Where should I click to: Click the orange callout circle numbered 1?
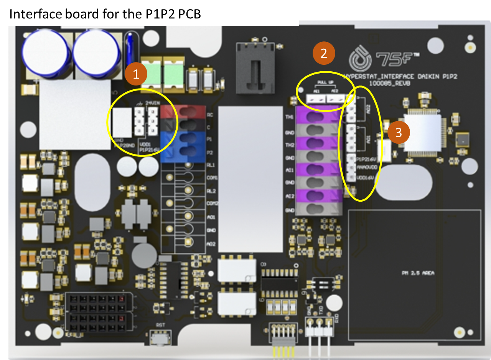(135, 75)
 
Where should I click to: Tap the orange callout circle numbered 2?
(324, 53)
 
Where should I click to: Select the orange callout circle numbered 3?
(399, 133)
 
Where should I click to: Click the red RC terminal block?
(183, 112)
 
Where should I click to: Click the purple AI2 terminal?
(315, 196)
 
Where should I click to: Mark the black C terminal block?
(183, 125)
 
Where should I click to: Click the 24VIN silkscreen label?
(153, 103)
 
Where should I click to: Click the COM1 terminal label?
(212, 178)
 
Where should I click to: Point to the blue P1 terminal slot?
(183, 138)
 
